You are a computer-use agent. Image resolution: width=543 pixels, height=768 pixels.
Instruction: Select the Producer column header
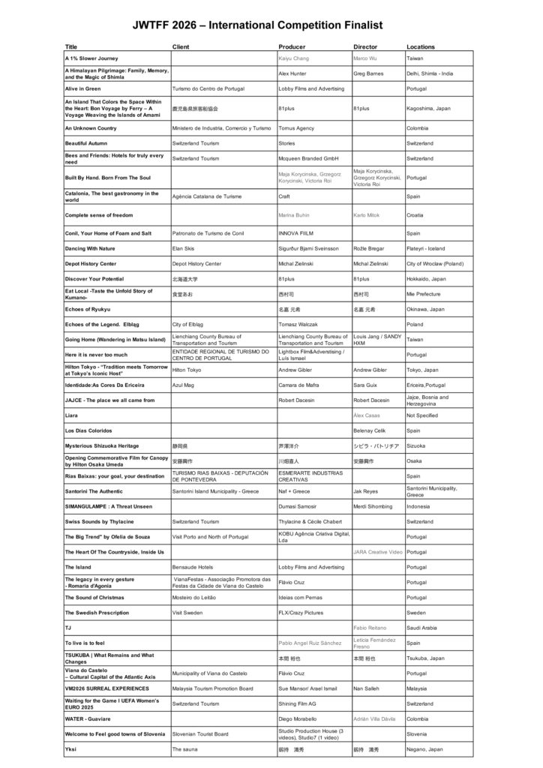(x=292, y=46)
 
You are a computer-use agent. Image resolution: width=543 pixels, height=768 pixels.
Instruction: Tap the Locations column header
(x=420, y=46)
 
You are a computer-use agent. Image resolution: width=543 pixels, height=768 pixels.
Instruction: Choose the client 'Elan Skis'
(x=184, y=248)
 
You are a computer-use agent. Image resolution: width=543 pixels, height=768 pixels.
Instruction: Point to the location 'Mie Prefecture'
(x=424, y=295)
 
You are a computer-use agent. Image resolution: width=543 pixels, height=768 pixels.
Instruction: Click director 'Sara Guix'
(x=366, y=385)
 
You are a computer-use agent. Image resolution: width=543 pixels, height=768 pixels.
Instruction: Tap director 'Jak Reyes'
(x=365, y=491)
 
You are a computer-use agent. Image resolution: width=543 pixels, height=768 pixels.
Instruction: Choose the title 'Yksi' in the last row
(x=70, y=748)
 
